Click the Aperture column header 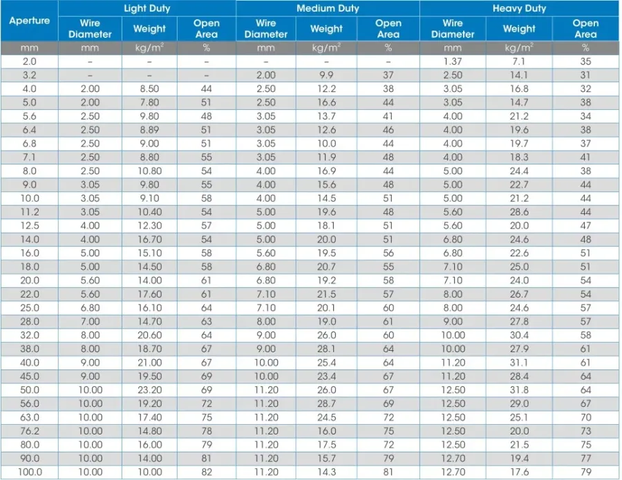pos(29,21)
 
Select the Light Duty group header pos(147,8)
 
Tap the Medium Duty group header pos(328,8)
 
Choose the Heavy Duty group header pos(519,8)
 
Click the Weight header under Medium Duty pos(326,28)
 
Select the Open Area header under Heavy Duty pos(585,28)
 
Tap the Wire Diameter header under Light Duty pos(90,28)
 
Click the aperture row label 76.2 pos(29,431)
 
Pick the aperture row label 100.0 pos(29,472)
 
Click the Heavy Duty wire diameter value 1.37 pos(453,61)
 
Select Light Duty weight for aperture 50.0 pos(149,390)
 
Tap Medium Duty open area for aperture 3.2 pos(388,75)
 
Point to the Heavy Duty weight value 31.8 pos(519,390)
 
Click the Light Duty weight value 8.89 pos(149,130)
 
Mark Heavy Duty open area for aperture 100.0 pos(585,472)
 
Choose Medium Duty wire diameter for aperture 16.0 pos(266,253)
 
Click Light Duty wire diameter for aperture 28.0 pos(90,321)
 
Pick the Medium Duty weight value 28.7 pos(326,403)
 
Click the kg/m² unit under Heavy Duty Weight pos(519,48)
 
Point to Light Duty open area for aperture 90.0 pos(206,458)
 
